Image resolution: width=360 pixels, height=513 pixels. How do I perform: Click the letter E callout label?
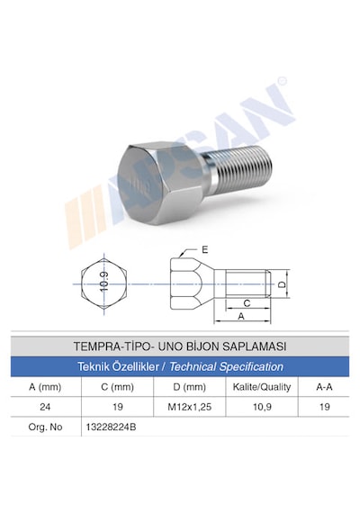pos(205,250)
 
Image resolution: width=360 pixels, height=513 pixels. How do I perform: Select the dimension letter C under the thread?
pos(247,303)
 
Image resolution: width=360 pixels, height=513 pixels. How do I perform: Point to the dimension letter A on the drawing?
pos(241,317)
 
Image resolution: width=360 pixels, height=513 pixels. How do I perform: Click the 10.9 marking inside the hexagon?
pos(104,282)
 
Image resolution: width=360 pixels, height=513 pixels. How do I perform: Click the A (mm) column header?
pos(45,387)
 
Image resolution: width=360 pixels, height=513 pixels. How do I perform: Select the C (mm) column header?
pos(118,387)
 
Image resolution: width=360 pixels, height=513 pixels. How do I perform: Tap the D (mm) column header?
pos(190,387)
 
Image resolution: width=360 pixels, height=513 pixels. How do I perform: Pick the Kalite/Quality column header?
pos(262,387)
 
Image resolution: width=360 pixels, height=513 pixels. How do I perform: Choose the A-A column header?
pos(324,387)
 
